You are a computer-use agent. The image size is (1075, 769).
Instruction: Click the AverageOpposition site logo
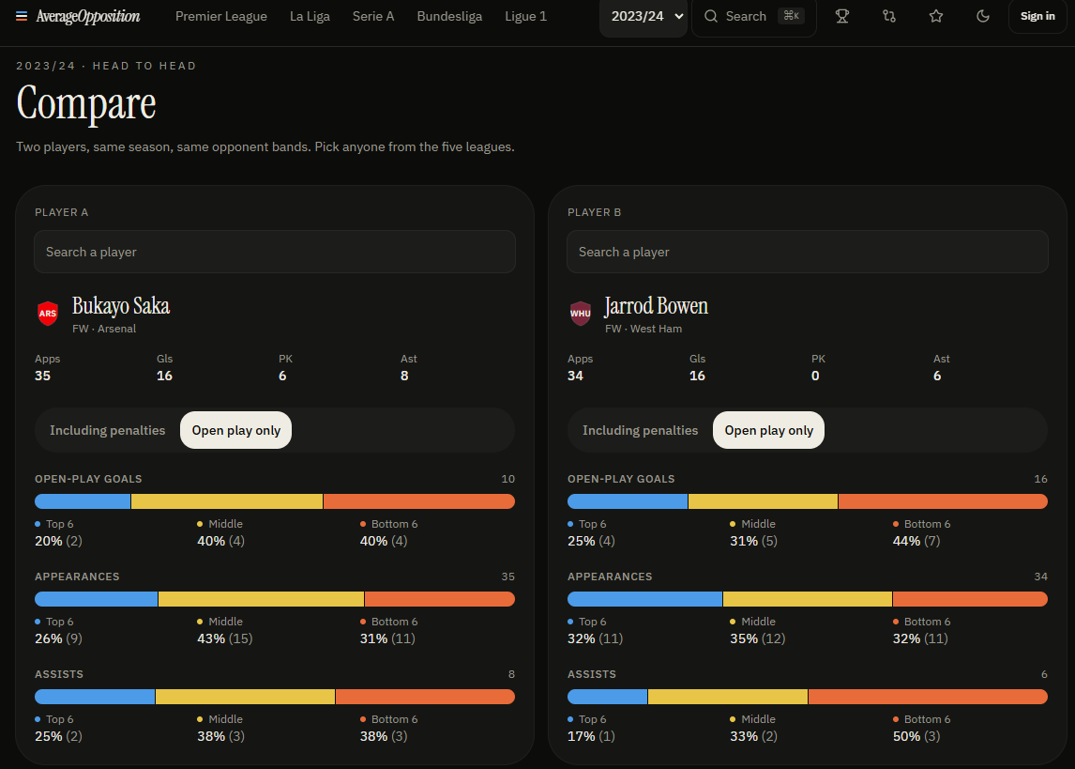88,17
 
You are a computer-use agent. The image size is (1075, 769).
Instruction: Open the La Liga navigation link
310,17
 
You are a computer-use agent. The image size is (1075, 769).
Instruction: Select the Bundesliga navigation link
449,17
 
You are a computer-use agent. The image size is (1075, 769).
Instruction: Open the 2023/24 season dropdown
643,17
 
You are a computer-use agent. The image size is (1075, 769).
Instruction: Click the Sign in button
1037,17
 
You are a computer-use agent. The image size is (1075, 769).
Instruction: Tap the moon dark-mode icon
982,17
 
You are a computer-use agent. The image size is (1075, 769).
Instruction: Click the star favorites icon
936,17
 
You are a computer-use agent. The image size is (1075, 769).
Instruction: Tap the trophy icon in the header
842,17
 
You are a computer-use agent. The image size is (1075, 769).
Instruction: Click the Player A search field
274,252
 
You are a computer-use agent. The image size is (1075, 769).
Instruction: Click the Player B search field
807,252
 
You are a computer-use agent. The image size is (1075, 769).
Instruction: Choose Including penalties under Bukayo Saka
108,430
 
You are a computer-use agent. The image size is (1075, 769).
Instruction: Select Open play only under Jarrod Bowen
768,430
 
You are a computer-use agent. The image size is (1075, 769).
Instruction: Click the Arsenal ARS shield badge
48,314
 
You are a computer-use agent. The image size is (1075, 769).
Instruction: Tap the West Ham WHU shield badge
581,314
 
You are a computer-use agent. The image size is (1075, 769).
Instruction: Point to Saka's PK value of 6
282,376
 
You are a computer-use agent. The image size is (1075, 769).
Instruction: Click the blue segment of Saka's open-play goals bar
83,501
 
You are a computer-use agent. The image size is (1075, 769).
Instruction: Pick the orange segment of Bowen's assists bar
929,697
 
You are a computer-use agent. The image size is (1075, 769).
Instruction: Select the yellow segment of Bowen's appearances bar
808,599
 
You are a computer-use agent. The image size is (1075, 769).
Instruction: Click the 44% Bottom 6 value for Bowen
906,541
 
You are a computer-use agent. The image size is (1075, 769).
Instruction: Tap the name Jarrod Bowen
656,306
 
